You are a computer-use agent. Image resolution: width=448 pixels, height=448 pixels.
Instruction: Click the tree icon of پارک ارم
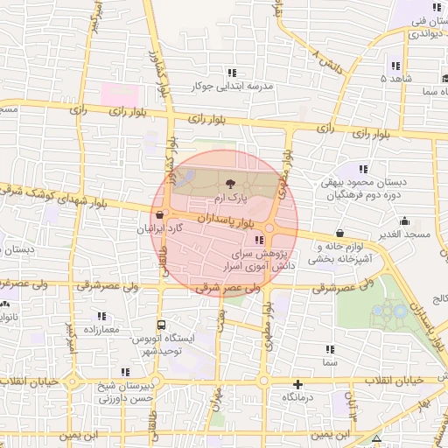click(230, 184)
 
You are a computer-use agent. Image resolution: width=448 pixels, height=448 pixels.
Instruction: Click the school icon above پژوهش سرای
click(258, 240)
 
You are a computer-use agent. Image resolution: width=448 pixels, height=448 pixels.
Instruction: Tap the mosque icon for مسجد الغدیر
click(404, 221)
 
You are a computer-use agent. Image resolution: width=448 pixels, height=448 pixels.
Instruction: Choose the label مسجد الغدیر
click(406, 235)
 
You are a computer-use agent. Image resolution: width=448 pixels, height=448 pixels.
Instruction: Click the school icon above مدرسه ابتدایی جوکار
click(232, 73)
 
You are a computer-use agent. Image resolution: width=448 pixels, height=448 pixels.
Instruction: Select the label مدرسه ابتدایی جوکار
click(232, 87)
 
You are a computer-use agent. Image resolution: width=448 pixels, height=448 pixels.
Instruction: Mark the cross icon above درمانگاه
click(298, 383)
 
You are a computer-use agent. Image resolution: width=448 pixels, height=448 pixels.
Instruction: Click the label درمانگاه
click(298, 397)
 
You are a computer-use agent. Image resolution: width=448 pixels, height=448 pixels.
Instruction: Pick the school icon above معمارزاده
click(101, 316)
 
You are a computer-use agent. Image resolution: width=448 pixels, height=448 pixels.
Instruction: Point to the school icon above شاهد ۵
click(395, 66)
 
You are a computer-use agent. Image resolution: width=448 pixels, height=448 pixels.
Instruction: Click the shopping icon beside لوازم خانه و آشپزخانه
click(338, 234)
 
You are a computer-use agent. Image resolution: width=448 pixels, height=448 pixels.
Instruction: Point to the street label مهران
click(216, 401)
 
